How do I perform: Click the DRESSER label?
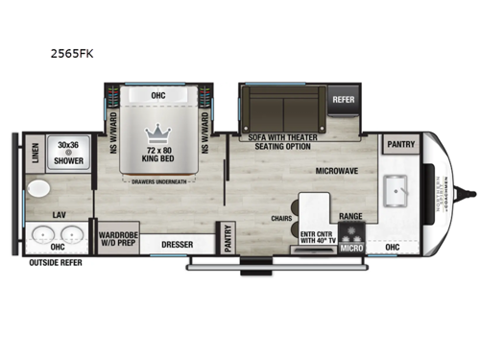click(x=177, y=245)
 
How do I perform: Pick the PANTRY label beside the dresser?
click(x=228, y=236)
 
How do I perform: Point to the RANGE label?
click(x=350, y=217)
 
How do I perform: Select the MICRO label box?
click(x=350, y=248)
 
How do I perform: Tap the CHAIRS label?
click(x=281, y=217)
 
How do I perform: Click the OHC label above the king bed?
click(x=158, y=94)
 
